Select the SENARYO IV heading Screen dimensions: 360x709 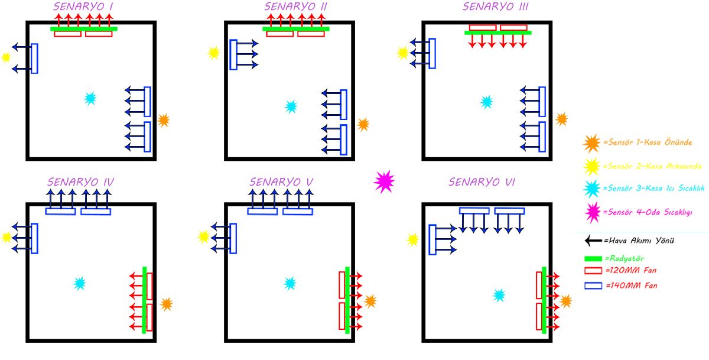point(80,181)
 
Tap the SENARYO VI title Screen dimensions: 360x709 point(482,181)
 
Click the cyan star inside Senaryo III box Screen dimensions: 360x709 point(486,102)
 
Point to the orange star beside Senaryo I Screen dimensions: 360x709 point(164,121)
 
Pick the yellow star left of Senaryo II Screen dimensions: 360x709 point(213,53)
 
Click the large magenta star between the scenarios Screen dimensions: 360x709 point(384,181)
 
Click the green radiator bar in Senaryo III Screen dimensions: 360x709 point(498,33)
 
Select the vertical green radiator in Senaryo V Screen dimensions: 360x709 point(347,300)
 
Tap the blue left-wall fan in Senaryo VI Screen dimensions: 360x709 point(432,239)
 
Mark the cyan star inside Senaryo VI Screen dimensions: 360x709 point(499,295)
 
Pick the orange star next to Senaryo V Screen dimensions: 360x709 point(370,301)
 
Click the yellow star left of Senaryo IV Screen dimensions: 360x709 point(6,237)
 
